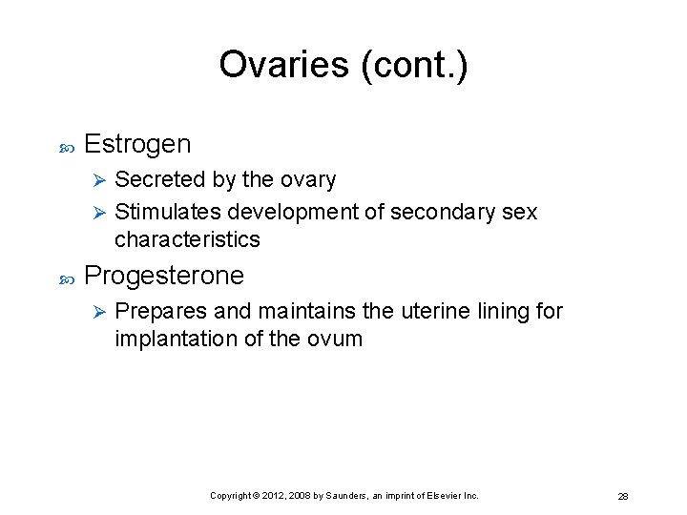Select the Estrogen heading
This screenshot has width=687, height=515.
[137, 144]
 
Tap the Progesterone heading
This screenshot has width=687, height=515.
[164, 276]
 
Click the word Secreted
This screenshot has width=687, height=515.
[153, 179]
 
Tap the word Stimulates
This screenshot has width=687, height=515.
[167, 212]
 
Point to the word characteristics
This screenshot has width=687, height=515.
[187, 238]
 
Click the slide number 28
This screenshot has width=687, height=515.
[622, 497]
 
